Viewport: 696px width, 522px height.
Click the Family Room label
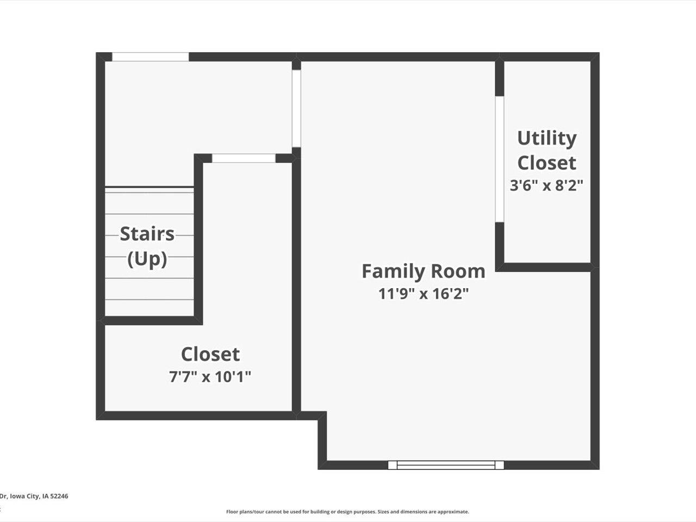point(423,271)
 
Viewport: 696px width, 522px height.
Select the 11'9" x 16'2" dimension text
point(423,294)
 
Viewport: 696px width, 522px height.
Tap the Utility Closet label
point(546,150)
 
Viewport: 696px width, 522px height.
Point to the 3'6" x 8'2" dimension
point(546,185)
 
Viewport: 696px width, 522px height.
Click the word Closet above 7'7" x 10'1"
point(210,354)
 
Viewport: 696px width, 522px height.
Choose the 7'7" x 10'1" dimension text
point(210,376)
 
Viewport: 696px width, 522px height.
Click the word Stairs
point(147,234)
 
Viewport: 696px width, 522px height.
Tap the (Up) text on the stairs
point(147,258)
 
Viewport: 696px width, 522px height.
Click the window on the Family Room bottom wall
point(446,465)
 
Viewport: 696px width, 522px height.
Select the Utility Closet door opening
point(499,159)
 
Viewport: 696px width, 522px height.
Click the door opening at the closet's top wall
point(244,158)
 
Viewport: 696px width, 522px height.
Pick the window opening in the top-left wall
point(150,57)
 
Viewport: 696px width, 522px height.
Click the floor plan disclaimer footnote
point(347,512)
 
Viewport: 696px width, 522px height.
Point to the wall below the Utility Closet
point(546,267)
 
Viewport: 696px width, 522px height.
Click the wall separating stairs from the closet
point(198,239)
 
